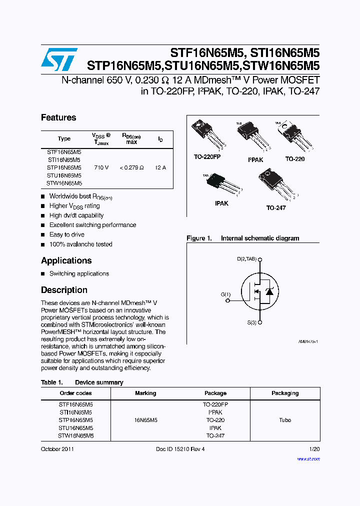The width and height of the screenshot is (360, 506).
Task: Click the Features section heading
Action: click(58, 118)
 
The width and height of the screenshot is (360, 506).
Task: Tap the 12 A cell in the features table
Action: click(160, 168)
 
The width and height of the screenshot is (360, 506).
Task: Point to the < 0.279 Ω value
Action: click(131, 168)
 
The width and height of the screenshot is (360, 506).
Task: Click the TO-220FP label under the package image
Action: click(207, 157)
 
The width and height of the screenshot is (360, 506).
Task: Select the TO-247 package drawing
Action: click(273, 185)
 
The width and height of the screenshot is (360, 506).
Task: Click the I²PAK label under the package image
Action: click(255, 160)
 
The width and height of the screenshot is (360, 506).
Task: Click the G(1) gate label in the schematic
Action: click(225, 294)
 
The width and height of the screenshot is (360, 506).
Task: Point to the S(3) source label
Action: click(251, 323)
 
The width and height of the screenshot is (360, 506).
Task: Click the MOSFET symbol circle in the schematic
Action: click(259, 291)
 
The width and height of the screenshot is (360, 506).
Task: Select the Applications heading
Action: click(66, 261)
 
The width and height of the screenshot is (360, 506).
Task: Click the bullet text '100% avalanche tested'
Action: click(81, 244)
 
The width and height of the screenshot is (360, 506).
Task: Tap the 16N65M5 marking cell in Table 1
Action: click(145, 420)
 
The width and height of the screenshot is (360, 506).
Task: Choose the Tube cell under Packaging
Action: click(285, 420)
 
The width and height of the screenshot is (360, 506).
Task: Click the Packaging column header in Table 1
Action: click(285, 393)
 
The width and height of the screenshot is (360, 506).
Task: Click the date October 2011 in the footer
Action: click(57, 449)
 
